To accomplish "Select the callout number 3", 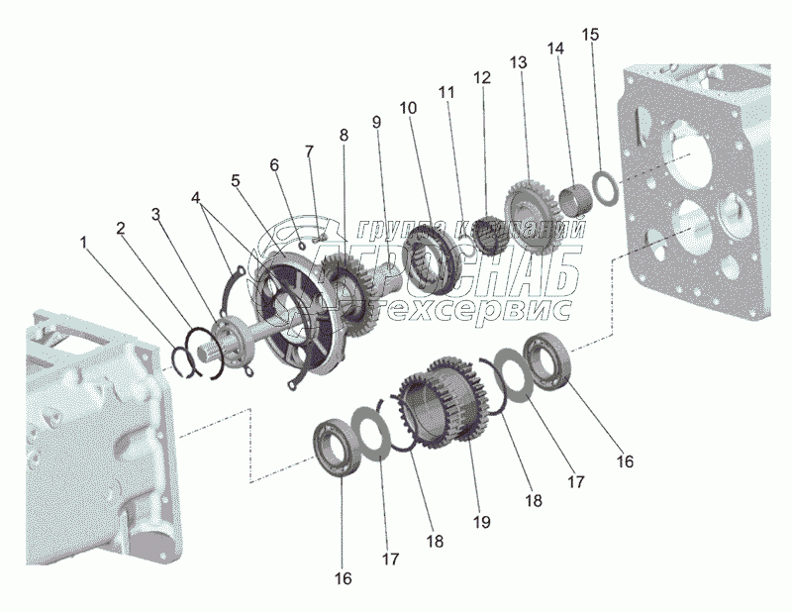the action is point(155,214).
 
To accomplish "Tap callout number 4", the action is point(201,198).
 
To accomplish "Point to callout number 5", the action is point(235,181).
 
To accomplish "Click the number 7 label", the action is point(309,152).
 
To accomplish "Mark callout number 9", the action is point(376,121).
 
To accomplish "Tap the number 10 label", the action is point(409,106).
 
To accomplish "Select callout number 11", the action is point(446,92).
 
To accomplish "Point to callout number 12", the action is point(481,77).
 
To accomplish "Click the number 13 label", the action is point(515,61).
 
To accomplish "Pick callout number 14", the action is point(553,47).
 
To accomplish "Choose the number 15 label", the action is point(589,34).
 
